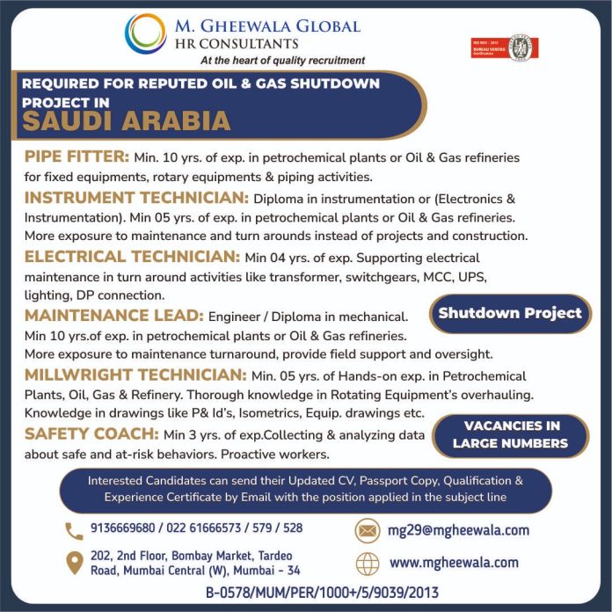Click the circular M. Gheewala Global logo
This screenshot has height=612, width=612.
point(145,33)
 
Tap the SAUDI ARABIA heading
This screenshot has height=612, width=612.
point(127,120)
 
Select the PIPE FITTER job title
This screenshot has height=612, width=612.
point(76,157)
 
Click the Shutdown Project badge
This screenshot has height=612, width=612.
point(510,313)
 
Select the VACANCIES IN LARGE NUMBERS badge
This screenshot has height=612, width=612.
point(510,434)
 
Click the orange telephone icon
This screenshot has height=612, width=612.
point(74,530)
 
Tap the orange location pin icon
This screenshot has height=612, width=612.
point(74,563)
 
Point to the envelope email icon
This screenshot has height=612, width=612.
point(367,530)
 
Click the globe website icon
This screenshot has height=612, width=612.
point(367,563)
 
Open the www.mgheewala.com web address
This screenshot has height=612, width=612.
point(454,563)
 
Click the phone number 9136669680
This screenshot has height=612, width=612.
point(121,528)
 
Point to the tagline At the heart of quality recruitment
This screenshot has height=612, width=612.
point(282,61)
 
